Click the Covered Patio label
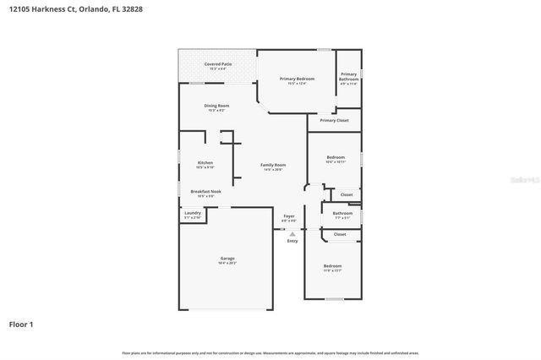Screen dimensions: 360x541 click(x=217, y=64)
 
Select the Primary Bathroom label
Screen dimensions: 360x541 click(x=348, y=76)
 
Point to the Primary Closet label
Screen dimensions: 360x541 click(x=334, y=121)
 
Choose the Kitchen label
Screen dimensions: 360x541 click(x=205, y=163)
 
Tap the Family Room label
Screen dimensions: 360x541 click(x=273, y=166)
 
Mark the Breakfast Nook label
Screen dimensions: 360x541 click(x=205, y=192)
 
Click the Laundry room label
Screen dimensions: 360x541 click(x=192, y=214)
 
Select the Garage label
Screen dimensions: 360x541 click(x=227, y=259)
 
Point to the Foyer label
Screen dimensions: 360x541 click(x=289, y=216)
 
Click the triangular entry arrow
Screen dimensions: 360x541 click(x=292, y=233)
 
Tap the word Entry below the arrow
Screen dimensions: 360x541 click(x=292, y=241)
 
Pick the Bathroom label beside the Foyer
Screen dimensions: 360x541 click(x=342, y=214)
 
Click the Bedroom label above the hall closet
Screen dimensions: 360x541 click(x=336, y=157)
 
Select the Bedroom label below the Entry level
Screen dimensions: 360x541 click(x=332, y=266)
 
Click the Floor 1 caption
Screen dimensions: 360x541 click(x=21, y=324)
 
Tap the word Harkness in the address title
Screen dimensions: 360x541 click(x=52, y=11)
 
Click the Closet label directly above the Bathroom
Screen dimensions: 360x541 click(x=347, y=195)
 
